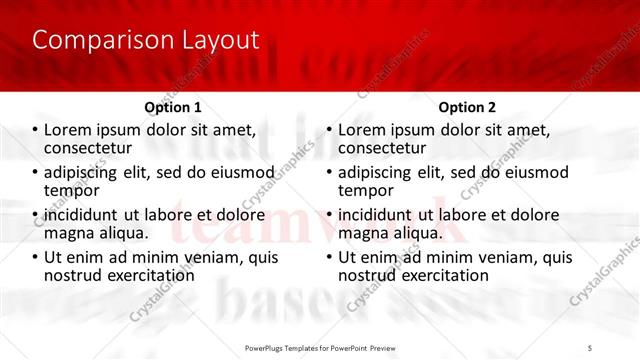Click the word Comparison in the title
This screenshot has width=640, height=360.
point(95,40)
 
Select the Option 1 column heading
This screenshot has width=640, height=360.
point(173,107)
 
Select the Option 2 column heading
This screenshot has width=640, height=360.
point(467,107)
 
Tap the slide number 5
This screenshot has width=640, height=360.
point(590,347)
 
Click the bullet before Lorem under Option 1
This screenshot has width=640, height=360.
point(35,130)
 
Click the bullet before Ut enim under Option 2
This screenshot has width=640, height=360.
point(329,257)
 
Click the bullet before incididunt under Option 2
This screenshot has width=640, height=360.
point(329,214)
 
